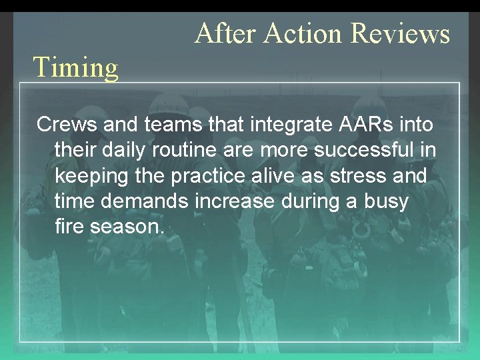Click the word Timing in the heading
point(75,67)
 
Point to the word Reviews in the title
point(401,33)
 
